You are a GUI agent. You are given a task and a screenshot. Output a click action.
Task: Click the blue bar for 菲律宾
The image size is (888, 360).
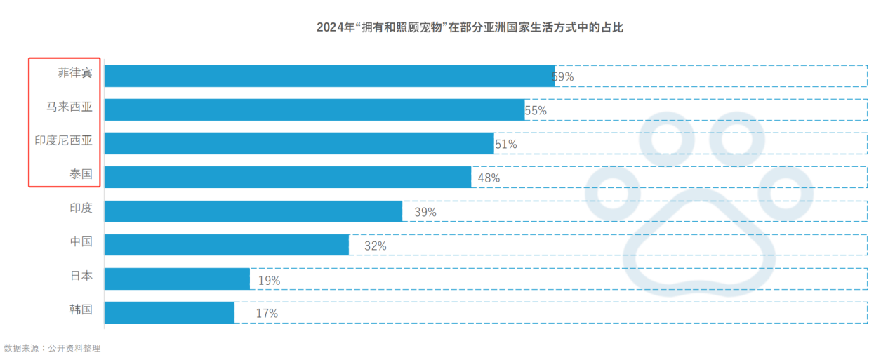(329, 76)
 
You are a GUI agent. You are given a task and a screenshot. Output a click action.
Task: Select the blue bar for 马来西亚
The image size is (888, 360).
(314, 109)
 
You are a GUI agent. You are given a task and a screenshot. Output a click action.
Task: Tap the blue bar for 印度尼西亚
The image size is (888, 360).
(299, 143)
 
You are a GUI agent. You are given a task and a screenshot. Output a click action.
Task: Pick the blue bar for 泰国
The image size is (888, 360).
(288, 177)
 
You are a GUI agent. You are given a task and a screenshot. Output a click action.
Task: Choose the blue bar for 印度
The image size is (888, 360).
(253, 211)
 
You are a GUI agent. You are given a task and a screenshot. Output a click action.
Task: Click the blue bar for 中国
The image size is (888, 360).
(227, 244)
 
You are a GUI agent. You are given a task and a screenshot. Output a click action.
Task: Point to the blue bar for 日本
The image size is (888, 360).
(177, 278)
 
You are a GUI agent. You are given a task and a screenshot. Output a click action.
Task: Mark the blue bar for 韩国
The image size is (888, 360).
(169, 312)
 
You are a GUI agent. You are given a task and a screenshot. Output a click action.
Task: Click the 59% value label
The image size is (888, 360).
(563, 76)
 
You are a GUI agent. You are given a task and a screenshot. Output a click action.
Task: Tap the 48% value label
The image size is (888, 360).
(489, 178)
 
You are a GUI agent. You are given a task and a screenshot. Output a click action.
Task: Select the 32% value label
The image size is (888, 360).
(375, 246)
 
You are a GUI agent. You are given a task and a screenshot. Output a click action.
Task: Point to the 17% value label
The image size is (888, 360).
(267, 314)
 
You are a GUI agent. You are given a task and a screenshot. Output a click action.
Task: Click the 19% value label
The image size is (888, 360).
(269, 280)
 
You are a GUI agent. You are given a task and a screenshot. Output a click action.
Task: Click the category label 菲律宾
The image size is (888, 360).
(75, 73)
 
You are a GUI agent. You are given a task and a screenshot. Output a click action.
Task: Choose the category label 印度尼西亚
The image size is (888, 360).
(64, 140)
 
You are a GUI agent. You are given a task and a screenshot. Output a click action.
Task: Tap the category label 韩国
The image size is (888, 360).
(81, 309)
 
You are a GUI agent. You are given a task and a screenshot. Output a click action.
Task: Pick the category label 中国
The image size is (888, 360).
(81, 241)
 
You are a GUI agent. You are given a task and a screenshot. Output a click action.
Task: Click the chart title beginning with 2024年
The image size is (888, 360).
(470, 28)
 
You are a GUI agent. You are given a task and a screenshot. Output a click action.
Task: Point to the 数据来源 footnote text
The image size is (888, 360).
(52, 348)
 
